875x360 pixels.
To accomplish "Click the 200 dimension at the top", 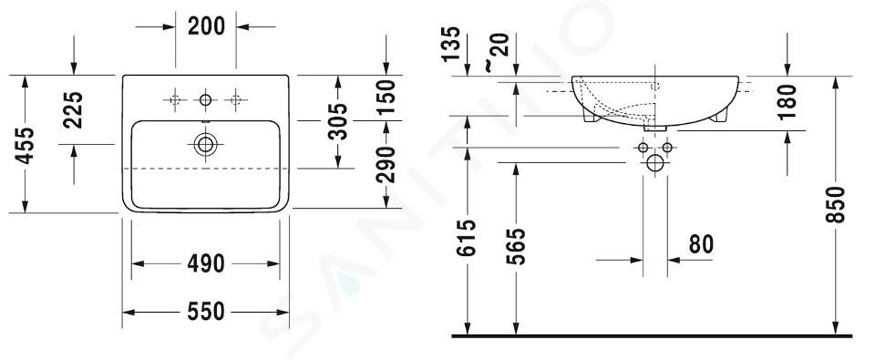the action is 206,26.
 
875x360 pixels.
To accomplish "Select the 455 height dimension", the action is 25,145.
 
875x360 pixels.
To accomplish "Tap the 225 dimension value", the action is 73,110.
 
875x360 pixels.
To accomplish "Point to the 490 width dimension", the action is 206,263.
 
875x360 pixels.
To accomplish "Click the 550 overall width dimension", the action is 206,312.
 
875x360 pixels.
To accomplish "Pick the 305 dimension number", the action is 337,121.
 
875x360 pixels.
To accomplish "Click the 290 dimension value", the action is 386,165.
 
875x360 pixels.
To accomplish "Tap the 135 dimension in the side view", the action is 452,44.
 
